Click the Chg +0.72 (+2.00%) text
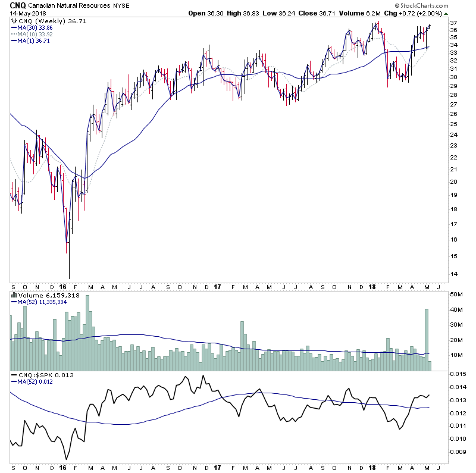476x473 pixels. tap(416, 13)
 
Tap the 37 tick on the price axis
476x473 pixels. tap(453, 23)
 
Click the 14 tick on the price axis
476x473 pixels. tap(453, 274)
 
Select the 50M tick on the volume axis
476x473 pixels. tap(456, 295)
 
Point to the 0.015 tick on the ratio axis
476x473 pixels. tap(458, 374)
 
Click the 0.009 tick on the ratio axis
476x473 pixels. tap(458, 452)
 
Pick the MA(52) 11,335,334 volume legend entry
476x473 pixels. tap(42, 301)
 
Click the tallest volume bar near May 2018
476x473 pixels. tap(427, 339)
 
